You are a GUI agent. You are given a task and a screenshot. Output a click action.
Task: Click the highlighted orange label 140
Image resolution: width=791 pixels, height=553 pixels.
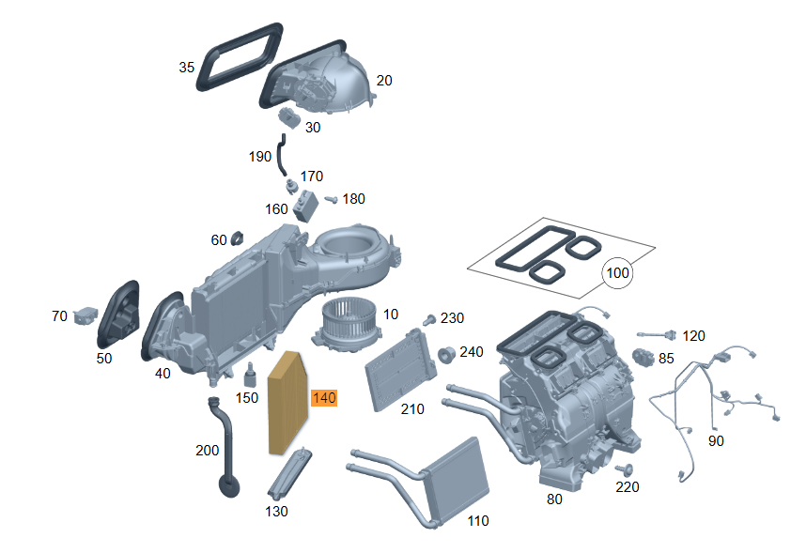pyautogui.click(x=324, y=398)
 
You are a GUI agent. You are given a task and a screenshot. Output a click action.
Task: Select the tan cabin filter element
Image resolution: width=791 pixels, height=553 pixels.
pyautogui.click(x=287, y=403)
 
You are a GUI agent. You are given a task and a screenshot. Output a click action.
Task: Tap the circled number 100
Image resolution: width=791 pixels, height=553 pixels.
pyautogui.click(x=617, y=272)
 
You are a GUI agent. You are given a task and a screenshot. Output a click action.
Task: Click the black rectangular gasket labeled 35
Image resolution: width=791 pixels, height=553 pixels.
pyautogui.click(x=240, y=57)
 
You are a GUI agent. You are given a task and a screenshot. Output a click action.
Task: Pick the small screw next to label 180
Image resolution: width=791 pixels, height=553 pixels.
pyautogui.click(x=331, y=200)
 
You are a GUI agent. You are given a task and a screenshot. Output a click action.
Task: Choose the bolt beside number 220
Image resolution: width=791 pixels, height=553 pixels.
pyautogui.click(x=625, y=469)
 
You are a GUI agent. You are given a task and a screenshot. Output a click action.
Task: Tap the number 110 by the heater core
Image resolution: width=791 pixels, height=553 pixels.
pyautogui.click(x=478, y=521)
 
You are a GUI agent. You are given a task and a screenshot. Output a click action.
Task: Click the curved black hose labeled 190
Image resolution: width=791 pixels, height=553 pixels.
pyautogui.click(x=281, y=155)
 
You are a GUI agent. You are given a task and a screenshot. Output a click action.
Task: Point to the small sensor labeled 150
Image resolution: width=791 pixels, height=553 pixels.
pyautogui.click(x=250, y=375)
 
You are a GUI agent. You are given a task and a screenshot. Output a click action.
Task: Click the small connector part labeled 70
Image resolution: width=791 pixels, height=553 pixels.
pyautogui.click(x=85, y=316)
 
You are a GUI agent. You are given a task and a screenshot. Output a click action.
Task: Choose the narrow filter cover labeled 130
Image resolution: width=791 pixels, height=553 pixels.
pyautogui.click(x=289, y=472)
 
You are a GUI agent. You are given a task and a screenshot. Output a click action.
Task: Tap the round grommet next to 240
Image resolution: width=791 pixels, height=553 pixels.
pyautogui.click(x=446, y=354)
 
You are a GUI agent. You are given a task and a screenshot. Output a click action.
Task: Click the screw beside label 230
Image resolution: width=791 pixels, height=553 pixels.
pyautogui.click(x=429, y=319)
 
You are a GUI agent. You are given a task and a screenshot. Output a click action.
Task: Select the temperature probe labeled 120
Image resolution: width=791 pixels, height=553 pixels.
pyautogui.click(x=656, y=334)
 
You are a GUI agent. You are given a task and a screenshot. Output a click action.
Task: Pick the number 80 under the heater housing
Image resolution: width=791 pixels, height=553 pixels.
pyautogui.click(x=554, y=499)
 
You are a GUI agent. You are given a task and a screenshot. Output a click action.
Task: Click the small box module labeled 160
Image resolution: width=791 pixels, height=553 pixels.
pyautogui.click(x=305, y=207)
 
